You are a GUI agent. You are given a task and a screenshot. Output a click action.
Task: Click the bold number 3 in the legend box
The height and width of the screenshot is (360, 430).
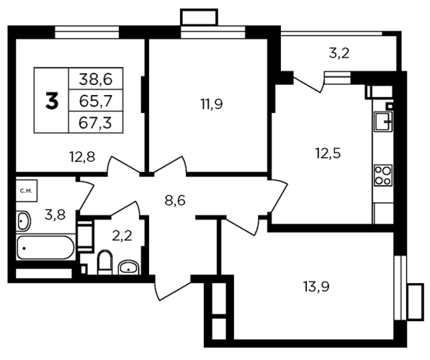point(52,101)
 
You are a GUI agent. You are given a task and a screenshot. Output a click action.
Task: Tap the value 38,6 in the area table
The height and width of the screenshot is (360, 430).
point(96,79)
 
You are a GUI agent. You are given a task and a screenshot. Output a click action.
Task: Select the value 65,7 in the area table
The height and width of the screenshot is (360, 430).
point(96,102)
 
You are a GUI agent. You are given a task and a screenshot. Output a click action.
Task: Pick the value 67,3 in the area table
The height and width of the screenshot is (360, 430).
point(95,123)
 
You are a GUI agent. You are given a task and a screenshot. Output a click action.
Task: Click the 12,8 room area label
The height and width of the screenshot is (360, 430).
point(82,158)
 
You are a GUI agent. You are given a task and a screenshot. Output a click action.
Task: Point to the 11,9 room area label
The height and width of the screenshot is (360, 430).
point(212,104)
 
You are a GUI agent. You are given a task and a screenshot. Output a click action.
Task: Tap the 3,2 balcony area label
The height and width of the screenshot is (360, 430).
point(339,53)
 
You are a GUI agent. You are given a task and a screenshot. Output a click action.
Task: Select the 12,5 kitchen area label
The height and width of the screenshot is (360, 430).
point(328,153)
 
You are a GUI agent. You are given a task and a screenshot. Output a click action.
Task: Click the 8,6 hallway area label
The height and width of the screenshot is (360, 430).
point(175,200)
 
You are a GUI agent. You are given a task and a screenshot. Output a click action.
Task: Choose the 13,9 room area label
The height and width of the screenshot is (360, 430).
point(316,287)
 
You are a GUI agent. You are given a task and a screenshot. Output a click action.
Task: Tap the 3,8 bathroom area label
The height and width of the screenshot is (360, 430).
point(55,215)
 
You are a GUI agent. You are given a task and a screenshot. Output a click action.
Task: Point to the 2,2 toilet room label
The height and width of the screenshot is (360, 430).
point(122,235)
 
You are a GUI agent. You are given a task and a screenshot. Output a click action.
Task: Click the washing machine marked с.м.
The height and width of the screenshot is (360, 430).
point(27,191)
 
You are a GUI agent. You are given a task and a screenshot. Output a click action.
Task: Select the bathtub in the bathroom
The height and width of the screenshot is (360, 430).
point(45,248)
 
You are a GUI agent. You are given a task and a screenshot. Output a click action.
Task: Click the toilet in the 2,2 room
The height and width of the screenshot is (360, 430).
point(104,262)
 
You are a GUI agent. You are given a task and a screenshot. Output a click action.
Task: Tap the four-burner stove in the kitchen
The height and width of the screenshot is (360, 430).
point(383,175)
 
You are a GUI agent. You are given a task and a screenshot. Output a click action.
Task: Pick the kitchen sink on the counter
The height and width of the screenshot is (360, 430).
point(384,122)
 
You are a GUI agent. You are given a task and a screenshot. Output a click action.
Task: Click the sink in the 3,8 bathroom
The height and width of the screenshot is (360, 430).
point(23,221)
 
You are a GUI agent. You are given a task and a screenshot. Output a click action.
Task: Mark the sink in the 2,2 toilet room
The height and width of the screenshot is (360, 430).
point(129,267)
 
